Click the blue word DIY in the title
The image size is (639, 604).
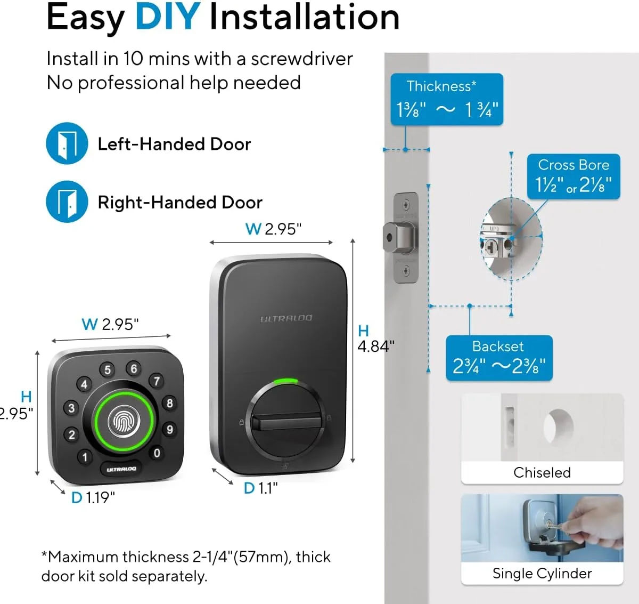[167, 17]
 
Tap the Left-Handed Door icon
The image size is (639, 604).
[67, 143]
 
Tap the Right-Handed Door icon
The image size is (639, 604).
[67, 202]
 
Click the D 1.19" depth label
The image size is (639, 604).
[93, 497]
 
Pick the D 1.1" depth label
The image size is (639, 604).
[261, 488]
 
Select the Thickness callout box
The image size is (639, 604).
[446, 100]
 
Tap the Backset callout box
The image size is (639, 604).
[498, 358]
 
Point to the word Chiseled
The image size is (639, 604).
[542, 472]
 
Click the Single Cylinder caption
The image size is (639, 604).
[542, 573]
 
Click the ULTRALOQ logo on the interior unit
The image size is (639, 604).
[286, 318]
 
